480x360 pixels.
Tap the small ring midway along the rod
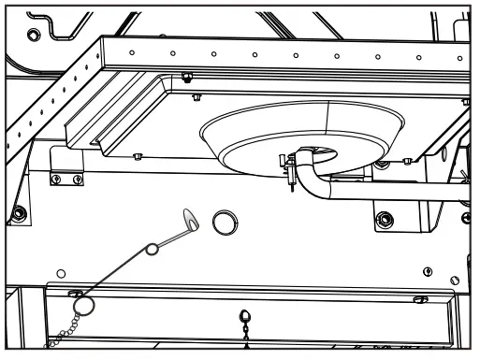(x=151, y=250)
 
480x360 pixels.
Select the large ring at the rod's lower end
(x=82, y=304)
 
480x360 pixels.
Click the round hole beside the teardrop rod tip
(x=224, y=223)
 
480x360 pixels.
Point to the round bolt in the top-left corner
(x=35, y=34)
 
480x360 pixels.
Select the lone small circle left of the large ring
(x=61, y=274)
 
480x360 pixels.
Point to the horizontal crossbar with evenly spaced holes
(x=281, y=57)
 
